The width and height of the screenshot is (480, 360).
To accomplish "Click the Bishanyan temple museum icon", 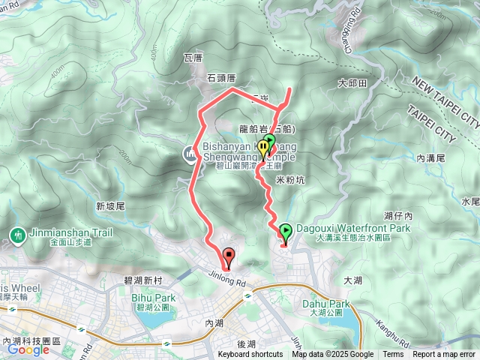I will point(188,154).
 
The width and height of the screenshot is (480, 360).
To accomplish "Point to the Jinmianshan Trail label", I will point(70,232).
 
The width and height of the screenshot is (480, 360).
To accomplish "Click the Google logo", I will point(28,349).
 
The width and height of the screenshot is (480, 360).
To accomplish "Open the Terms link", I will point(392,355).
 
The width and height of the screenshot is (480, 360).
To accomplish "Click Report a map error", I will point(444,355).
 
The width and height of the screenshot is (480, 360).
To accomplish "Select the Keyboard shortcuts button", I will point(250,355).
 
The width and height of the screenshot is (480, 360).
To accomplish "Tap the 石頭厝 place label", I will point(222,76).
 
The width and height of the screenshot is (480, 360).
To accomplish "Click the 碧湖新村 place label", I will point(142,279).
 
